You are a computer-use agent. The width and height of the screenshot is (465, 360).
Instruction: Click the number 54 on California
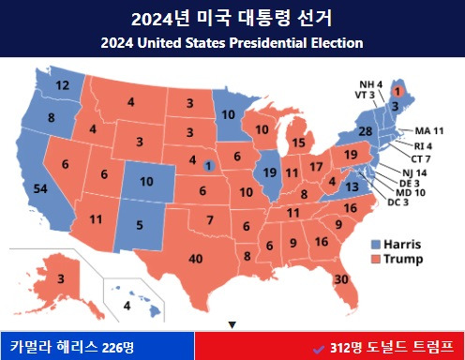[40, 189]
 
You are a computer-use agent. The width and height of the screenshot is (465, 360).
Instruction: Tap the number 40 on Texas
[196, 258]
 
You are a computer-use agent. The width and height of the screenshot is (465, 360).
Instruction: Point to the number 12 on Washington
[63, 85]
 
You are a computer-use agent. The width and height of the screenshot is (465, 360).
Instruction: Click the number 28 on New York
[367, 131]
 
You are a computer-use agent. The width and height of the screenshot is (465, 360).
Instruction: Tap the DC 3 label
[399, 202]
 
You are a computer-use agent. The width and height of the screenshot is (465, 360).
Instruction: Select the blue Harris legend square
[377, 243]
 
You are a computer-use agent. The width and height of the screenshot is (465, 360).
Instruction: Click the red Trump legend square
[377, 258]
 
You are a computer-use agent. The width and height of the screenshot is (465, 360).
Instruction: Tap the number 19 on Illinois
[268, 172]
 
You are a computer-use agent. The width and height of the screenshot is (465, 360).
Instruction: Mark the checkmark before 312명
[319, 347]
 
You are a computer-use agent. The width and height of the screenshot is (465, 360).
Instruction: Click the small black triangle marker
[232, 324]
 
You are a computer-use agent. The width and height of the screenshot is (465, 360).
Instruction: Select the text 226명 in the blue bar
[119, 347]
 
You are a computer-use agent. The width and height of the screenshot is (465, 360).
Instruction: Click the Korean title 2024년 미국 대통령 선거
[232, 19]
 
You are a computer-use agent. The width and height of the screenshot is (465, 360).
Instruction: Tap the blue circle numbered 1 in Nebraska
[208, 166]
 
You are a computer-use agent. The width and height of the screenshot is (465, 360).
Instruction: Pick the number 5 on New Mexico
[140, 225]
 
